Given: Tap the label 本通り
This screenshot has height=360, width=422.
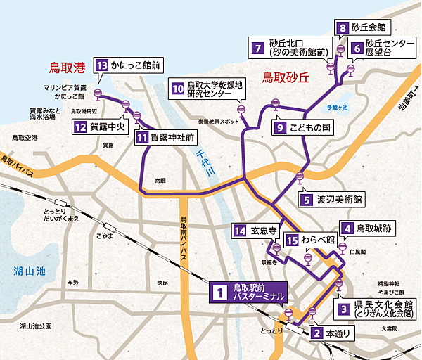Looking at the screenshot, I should click(336, 333).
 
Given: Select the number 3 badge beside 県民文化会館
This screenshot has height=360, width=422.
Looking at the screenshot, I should click(343, 308).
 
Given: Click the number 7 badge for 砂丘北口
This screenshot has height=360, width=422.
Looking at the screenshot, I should click(259, 49).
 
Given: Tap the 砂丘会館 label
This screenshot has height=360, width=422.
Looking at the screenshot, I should click(371, 28).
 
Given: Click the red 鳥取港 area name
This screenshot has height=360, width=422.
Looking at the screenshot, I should click(66, 68).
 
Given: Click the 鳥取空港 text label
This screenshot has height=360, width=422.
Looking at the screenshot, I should click(26, 139).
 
